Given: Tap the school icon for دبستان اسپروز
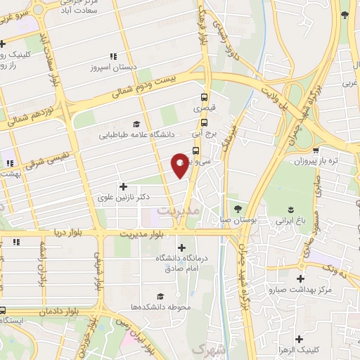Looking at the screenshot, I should point(112,57).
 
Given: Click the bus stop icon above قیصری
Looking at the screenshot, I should point(205,98).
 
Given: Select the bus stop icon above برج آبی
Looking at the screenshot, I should point(205,122).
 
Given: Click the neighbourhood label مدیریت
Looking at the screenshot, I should point(179,210).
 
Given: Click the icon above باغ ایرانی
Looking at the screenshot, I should point(290,210).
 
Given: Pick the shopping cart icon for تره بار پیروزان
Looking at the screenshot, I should point(317,150).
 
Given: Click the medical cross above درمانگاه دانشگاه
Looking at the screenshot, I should point(182,247).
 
